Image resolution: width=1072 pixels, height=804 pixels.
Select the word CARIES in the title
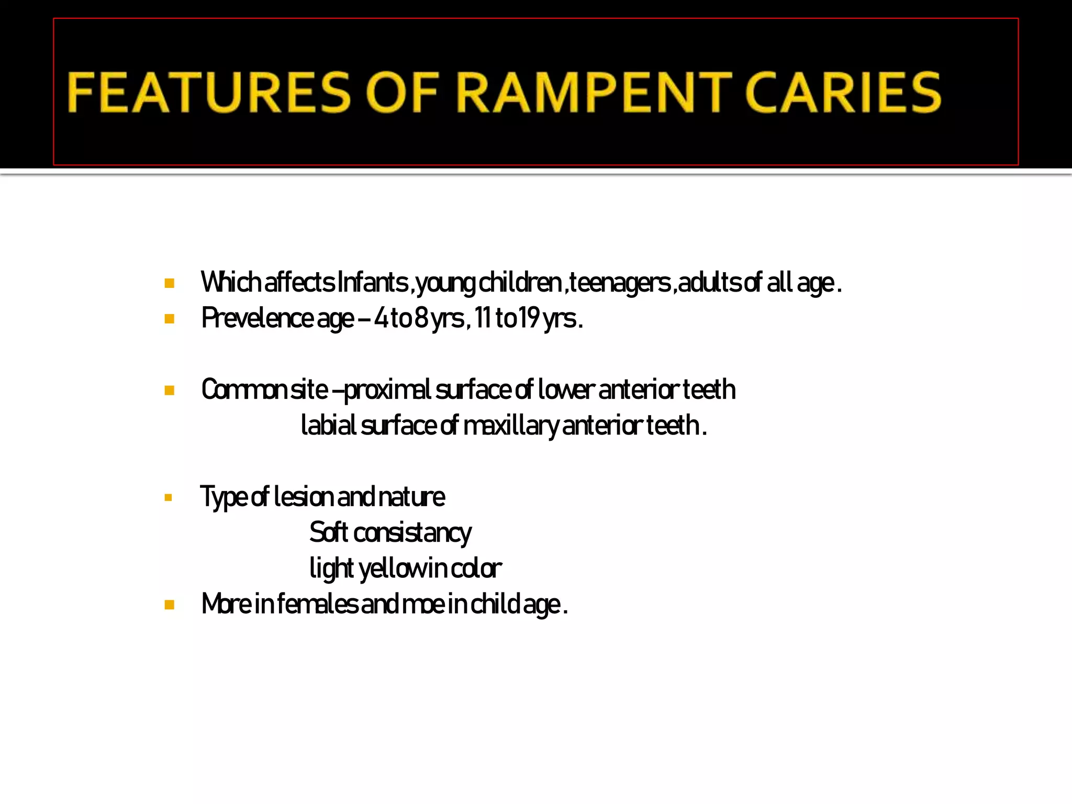[x=843, y=93]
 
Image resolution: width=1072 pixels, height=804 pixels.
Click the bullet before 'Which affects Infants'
[x=169, y=284]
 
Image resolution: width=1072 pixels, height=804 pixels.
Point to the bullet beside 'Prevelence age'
[x=169, y=319]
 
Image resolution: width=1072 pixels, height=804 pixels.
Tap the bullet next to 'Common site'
[x=169, y=390]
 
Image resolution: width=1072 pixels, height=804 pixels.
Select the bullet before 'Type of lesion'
[x=168, y=497]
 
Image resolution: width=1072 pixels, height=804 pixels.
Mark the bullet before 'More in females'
[x=169, y=605]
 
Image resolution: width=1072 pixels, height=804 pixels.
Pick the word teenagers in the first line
[x=620, y=283]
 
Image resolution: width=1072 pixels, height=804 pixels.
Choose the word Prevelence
[x=257, y=318]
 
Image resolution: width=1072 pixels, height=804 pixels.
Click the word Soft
[x=329, y=532]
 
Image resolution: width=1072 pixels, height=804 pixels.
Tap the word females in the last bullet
[x=317, y=604]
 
